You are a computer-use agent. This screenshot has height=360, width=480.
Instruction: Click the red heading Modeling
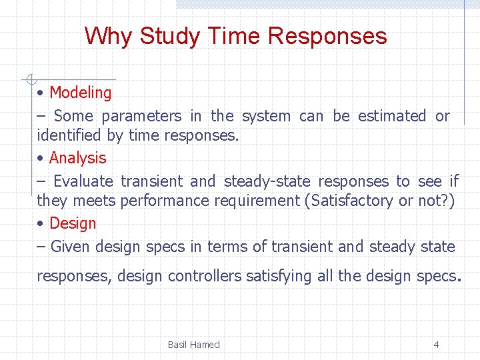pyautogui.click(x=80, y=93)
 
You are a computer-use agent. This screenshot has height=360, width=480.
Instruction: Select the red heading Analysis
pyautogui.click(x=77, y=158)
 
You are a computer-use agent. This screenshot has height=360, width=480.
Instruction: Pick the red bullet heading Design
pyautogui.click(x=73, y=223)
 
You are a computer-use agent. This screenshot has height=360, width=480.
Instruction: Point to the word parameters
pyautogui.click(x=141, y=116)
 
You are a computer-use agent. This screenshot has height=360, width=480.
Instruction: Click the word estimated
pyautogui.click(x=391, y=116)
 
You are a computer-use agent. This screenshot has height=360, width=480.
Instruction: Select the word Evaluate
pyautogui.click(x=83, y=181)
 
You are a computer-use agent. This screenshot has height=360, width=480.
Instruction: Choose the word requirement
pyautogui.click(x=257, y=201)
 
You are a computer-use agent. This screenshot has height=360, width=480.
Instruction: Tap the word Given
pyautogui.click(x=70, y=247)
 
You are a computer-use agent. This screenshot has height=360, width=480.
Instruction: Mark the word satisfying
pyautogui.click(x=279, y=276)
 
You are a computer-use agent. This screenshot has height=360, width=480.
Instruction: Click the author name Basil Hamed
pyautogui.click(x=193, y=345)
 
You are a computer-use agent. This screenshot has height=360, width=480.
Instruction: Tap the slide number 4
pyautogui.click(x=436, y=345)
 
